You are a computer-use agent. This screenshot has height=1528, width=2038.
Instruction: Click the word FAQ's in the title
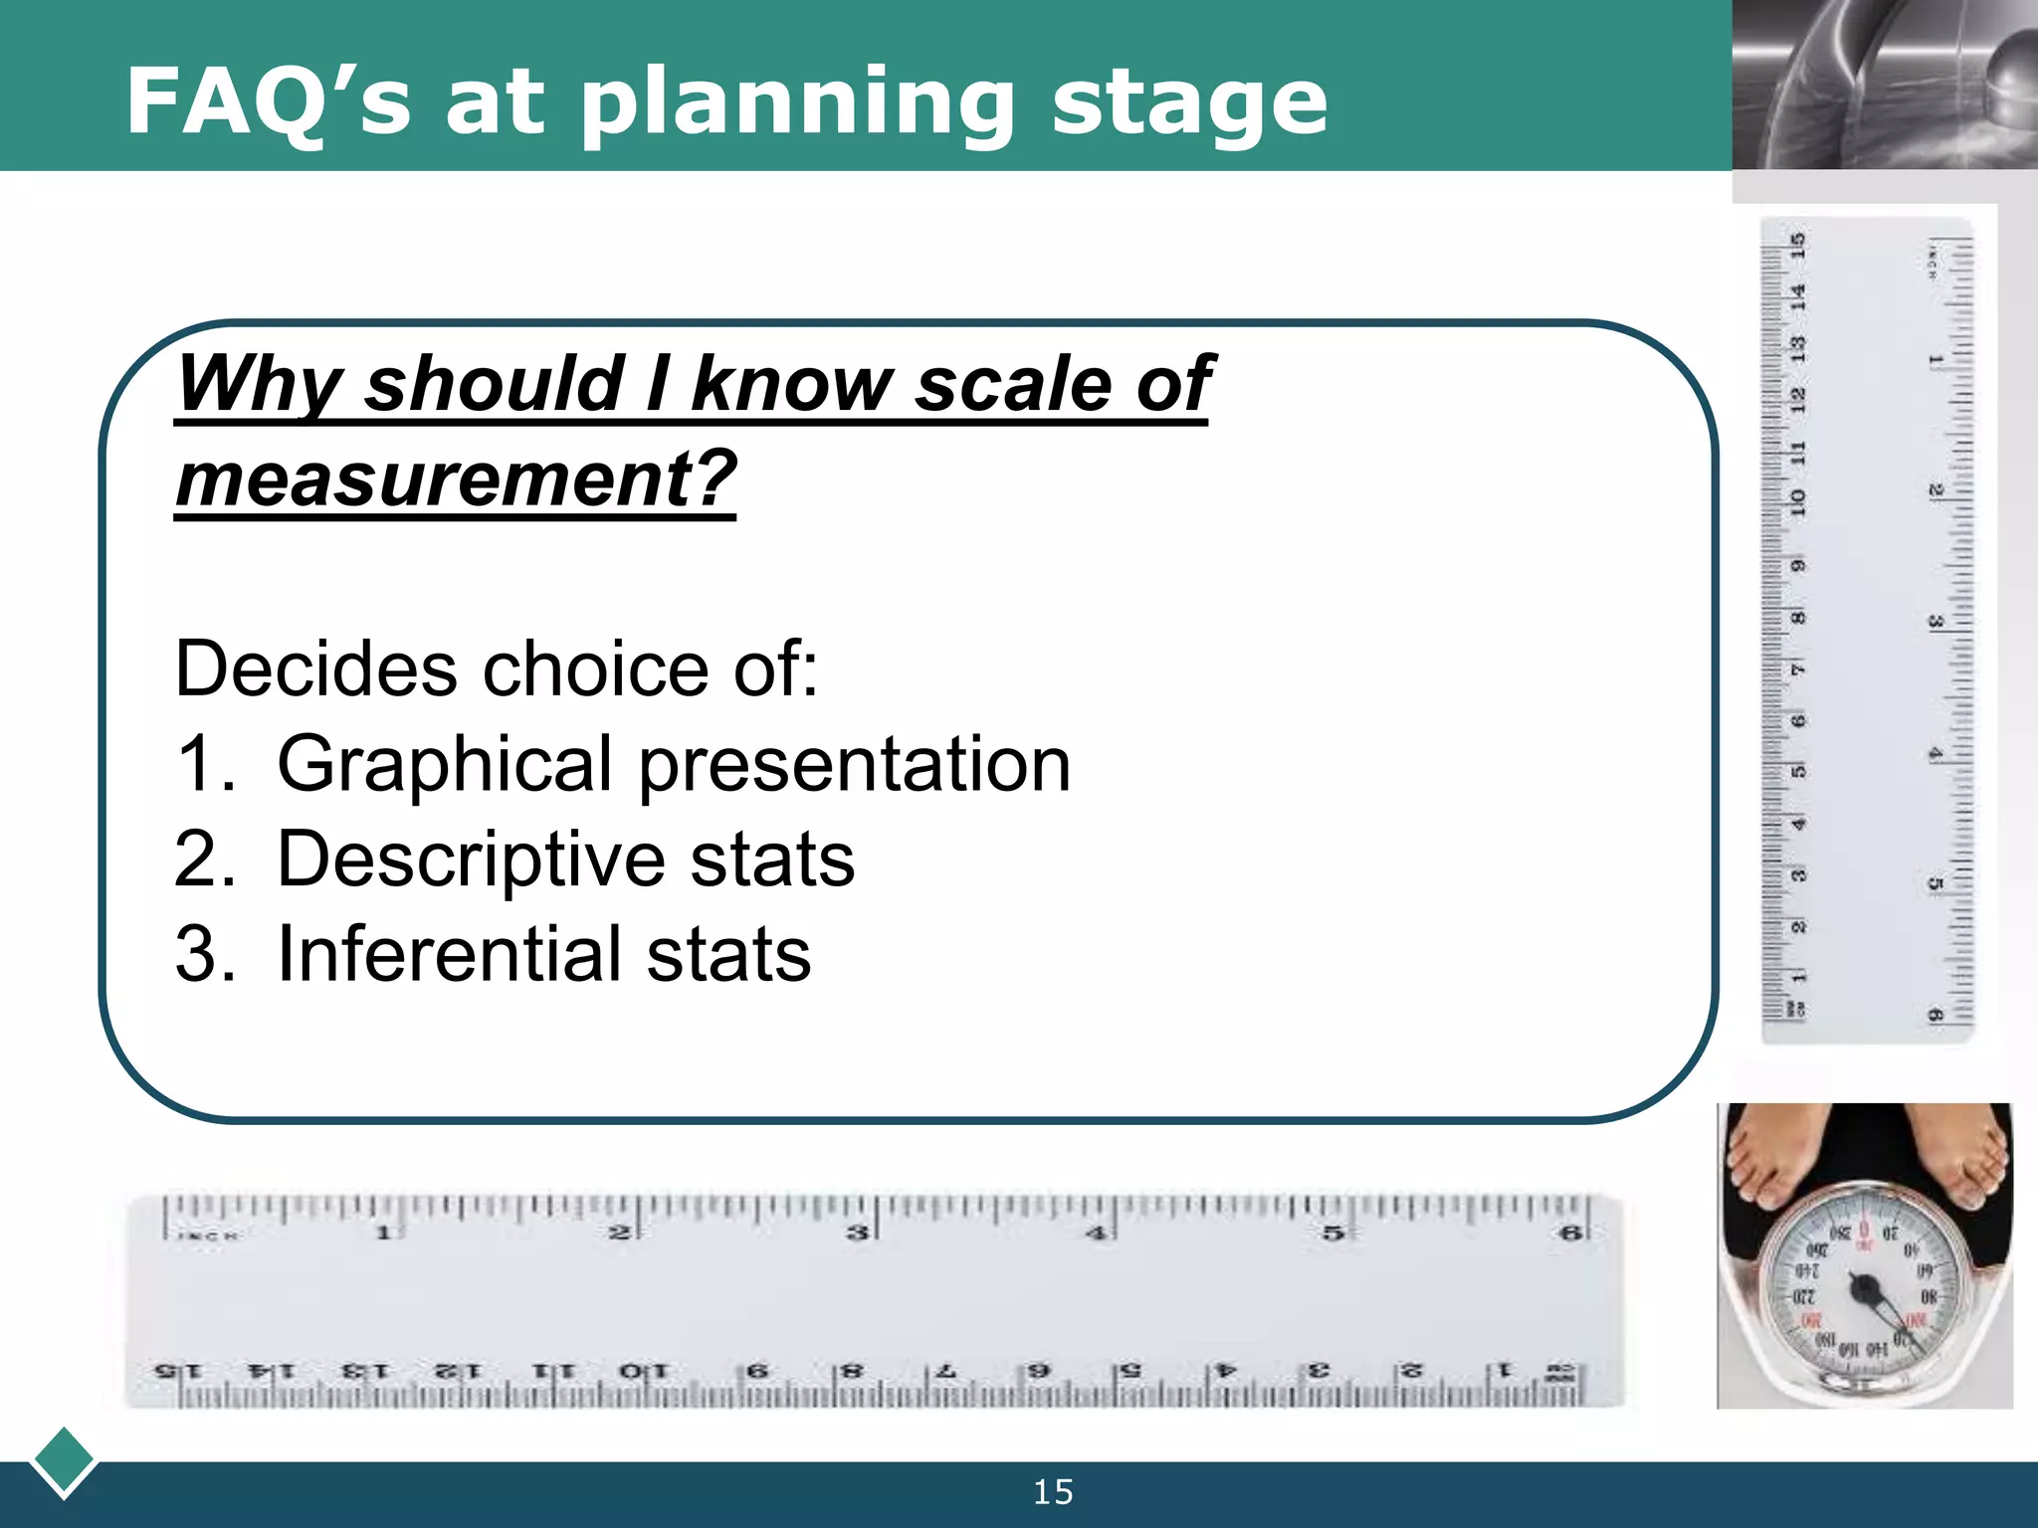(x=267, y=101)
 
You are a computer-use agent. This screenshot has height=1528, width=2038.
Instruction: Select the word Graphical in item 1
(x=444, y=764)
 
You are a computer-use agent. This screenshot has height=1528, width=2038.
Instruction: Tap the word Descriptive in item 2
(x=470, y=859)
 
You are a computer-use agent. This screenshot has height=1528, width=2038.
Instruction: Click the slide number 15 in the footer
(x=1053, y=1492)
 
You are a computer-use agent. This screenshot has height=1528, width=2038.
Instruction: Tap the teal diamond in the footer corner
(x=64, y=1460)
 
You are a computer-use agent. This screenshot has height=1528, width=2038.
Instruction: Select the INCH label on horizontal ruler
(x=207, y=1236)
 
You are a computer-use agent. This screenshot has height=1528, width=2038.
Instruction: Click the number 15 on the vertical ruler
(x=1798, y=245)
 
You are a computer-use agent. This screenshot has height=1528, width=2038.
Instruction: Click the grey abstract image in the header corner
(x=1884, y=85)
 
